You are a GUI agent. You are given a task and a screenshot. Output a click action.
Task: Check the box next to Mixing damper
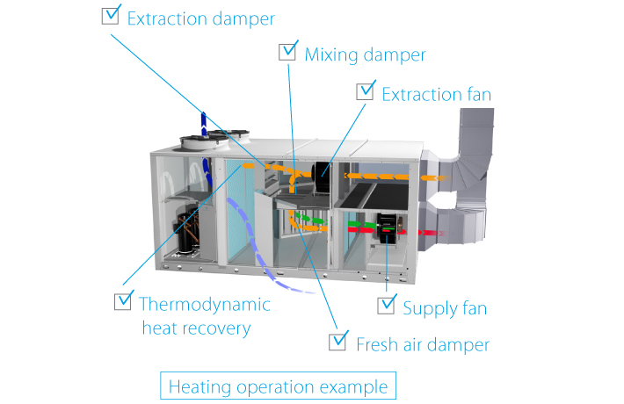click(x=288, y=52)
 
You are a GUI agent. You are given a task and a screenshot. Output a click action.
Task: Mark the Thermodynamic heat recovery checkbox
click(x=124, y=301)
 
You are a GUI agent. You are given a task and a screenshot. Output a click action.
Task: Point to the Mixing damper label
click(x=365, y=54)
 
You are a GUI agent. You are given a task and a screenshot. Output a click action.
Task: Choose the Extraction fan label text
click(x=436, y=93)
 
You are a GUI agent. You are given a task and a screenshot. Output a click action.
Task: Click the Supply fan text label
click(x=445, y=308)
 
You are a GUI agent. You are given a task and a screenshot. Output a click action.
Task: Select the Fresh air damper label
click(x=422, y=343)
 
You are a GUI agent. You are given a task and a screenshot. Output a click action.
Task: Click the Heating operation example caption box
click(x=278, y=386)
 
